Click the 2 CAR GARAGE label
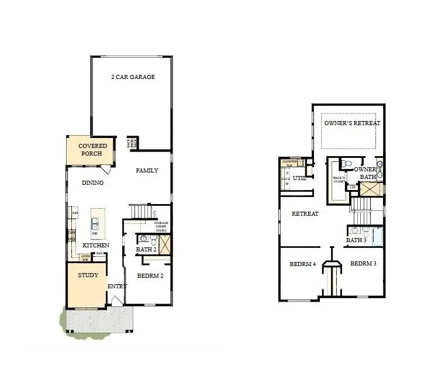click(133, 77)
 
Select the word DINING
click(92, 183)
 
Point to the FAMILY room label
click(147, 171)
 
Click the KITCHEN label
click(95, 245)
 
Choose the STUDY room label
click(88, 275)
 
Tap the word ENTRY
click(117, 286)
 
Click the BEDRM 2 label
click(150, 275)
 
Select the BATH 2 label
click(146, 250)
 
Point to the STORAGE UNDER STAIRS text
click(161, 226)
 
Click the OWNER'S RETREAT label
click(353, 123)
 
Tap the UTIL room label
click(300, 178)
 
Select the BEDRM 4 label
click(302, 264)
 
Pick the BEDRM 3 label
click(363, 264)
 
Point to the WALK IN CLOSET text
click(339, 180)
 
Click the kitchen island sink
click(95, 222)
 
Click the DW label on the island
click(94, 233)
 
